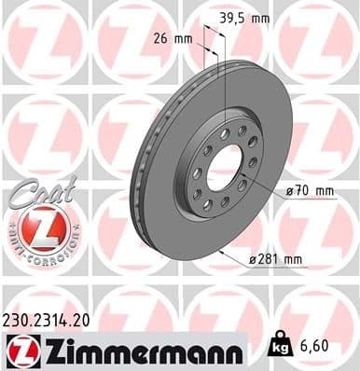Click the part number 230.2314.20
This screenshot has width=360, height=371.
click(49, 319)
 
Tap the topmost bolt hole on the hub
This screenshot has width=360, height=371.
click(241, 131)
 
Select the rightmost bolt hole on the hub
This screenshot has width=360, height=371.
click(253, 162)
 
